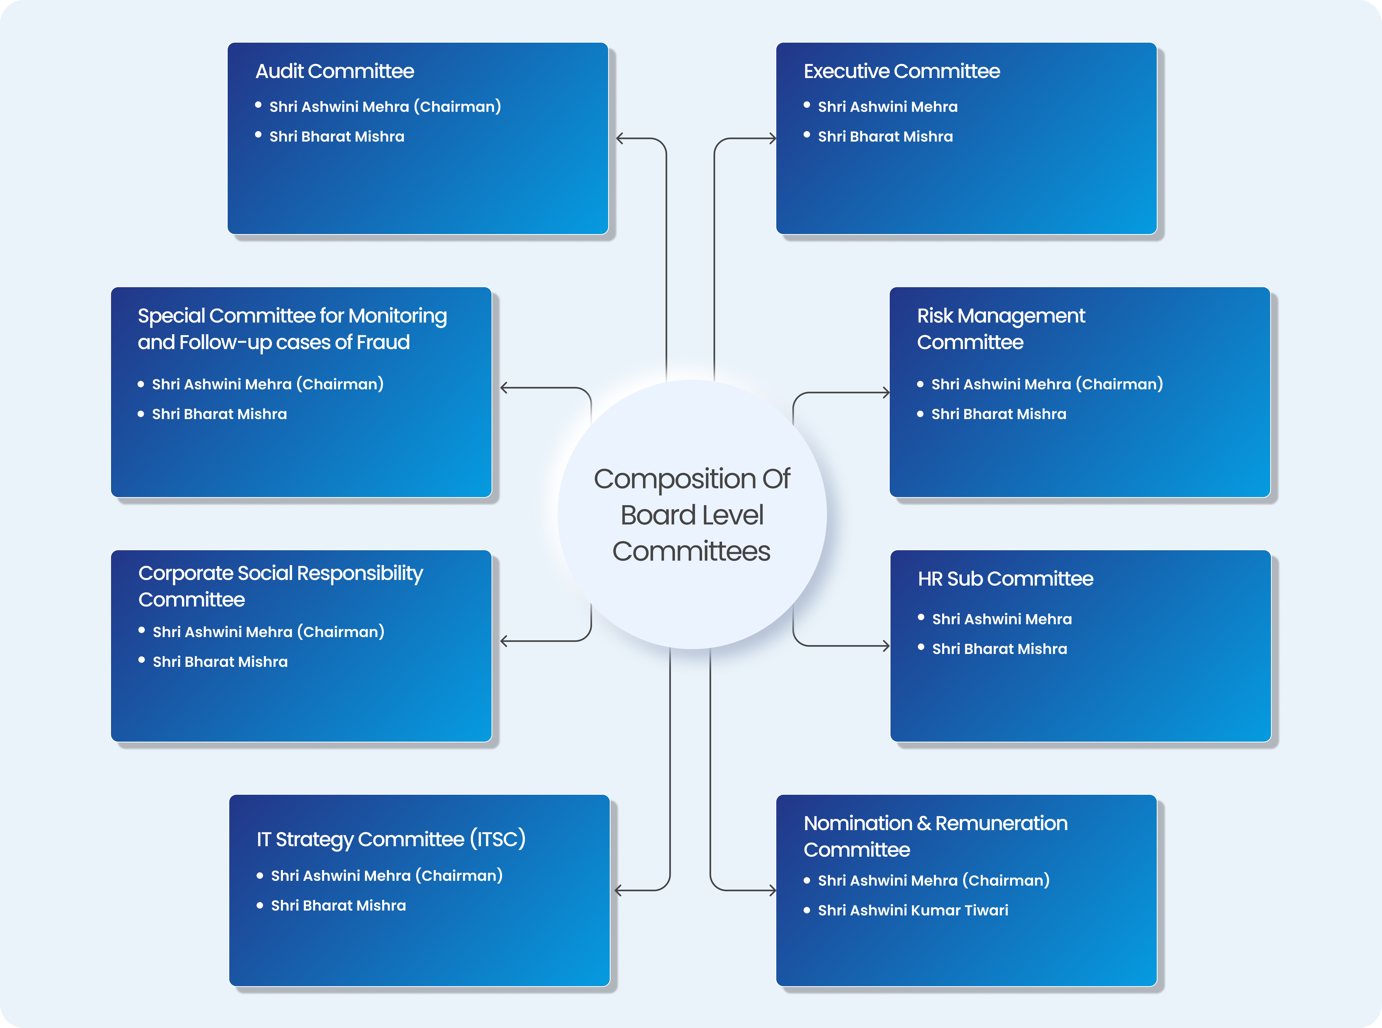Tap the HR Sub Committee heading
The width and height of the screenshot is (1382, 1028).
click(1006, 579)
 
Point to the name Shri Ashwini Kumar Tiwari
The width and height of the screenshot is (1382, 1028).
click(913, 910)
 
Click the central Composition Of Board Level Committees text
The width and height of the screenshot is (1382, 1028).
click(692, 515)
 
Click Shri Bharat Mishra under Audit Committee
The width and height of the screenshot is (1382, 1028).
click(337, 136)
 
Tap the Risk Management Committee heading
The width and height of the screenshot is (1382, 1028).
click(1001, 329)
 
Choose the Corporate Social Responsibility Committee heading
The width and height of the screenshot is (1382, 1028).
click(281, 586)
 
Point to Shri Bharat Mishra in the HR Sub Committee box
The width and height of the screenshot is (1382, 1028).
click(999, 649)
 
